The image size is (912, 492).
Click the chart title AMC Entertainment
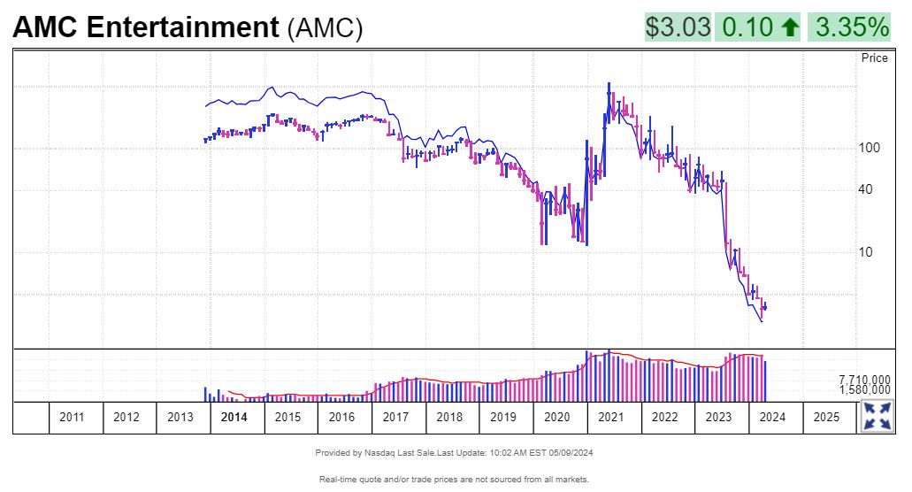[145, 27]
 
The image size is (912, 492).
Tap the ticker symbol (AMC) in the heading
[325, 28]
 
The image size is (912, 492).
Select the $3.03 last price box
[678, 27]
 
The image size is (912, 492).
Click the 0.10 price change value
[747, 27]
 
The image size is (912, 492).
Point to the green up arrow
[790, 28]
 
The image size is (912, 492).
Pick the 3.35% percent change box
[852, 27]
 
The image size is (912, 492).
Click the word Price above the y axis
[874, 58]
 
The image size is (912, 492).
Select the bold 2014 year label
[234, 417]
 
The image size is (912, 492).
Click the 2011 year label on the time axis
[72, 417]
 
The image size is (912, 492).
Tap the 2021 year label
[610, 417]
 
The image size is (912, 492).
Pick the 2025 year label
[826, 417]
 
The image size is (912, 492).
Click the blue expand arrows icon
[877, 417]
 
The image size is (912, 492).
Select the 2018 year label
[449, 417]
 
